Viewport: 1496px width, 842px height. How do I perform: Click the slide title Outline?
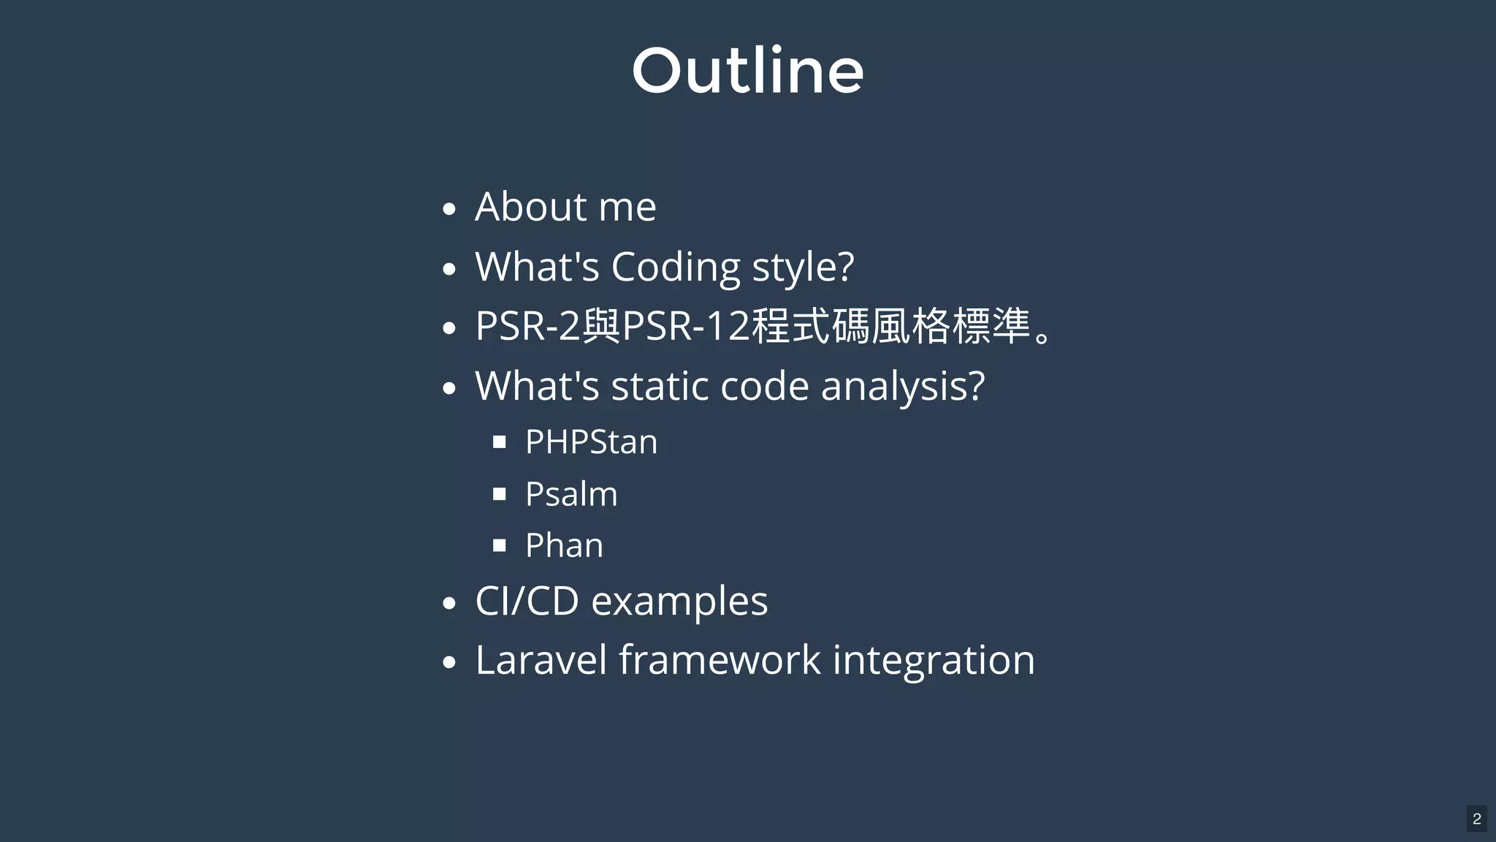pos(747,71)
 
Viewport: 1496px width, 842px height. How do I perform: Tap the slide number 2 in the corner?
pos(1476,819)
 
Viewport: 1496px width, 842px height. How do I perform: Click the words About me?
pos(565,207)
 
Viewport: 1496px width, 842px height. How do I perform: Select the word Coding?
pos(676,267)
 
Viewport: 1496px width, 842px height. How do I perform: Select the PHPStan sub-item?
pos(591,442)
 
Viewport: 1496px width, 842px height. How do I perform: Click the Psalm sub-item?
pos(571,494)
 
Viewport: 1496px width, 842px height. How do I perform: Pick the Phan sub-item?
pos(564,545)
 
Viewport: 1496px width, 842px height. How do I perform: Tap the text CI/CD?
pos(527,601)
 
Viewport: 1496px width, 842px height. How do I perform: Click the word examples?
pos(679,602)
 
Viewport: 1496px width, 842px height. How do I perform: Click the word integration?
pos(934,661)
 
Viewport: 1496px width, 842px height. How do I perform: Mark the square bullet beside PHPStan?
pos(500,442)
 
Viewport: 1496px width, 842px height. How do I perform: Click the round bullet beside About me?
pos(449,209)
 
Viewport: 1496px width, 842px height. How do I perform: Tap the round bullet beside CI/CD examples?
pos(449,604)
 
